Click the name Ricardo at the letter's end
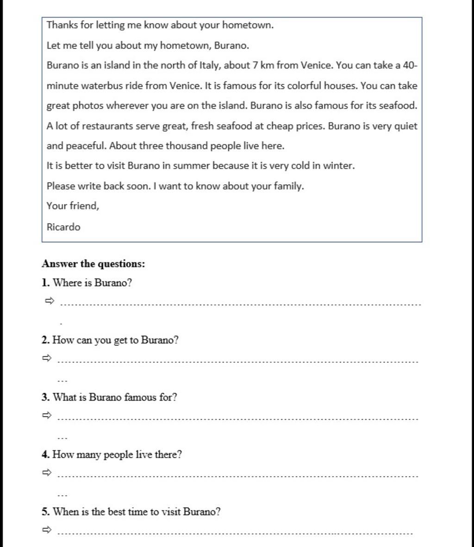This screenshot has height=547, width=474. point(63,227)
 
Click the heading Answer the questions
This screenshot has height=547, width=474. point(93,264)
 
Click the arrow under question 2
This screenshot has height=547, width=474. point(46,358)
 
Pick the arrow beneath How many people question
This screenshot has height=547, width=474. point(46,472)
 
